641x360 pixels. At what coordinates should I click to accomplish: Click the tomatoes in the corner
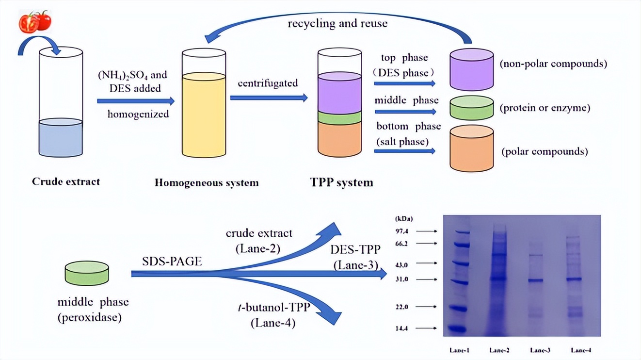tap(35, 21)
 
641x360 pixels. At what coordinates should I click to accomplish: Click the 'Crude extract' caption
tap(66, 181)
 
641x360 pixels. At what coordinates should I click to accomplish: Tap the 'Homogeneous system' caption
tap(207, 183)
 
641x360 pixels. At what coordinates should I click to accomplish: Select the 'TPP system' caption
tap(341, 182)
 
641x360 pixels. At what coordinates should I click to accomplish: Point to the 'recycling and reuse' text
tap(337, 23)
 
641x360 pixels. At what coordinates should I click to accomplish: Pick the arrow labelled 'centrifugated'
tap(269, 98)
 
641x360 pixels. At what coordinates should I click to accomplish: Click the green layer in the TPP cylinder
tap(339, 117)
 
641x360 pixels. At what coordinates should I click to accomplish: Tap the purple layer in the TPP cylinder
tap(339, 94)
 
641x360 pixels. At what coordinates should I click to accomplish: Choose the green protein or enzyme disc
tap(471, 108)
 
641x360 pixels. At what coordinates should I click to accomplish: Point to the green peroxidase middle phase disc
tap(87, 273)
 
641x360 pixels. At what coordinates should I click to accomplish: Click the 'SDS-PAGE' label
tap(172, 262)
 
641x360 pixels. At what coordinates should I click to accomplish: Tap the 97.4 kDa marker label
tap(403, 231)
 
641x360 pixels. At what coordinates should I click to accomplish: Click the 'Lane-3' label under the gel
tap(541, 350)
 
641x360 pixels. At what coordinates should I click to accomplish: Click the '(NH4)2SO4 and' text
tap(132, 75)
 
